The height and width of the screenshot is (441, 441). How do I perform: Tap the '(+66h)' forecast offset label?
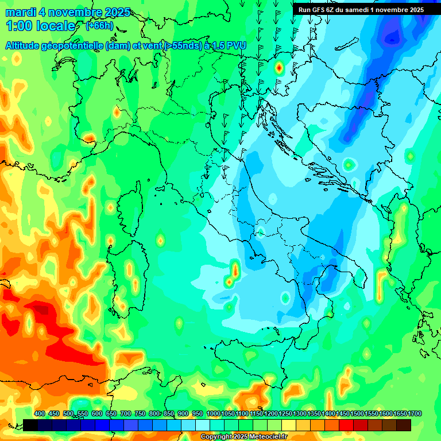click(x=99, y=26)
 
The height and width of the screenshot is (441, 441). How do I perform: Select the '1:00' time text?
click(x=19, y=26)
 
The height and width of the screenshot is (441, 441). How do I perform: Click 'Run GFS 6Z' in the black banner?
click(x=319, y=9)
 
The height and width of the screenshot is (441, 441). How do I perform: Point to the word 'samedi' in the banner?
click(x=363, y=9)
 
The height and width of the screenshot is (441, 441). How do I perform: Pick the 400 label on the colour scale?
click(x=40, y=413)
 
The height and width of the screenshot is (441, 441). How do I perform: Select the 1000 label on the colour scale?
click(x=214, y=413)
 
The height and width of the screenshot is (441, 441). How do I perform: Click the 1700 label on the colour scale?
click(x=400, y=413)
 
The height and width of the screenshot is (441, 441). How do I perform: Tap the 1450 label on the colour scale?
click(x=343, y=413)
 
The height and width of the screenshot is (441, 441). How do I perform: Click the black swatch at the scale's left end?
click(x=30, y=425)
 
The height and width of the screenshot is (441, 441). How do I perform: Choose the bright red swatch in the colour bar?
click(x=346, y=425)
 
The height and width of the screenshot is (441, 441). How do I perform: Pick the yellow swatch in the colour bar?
click(x=289, y=425)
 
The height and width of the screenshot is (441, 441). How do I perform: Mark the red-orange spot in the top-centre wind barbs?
click(x=279, y=68)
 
